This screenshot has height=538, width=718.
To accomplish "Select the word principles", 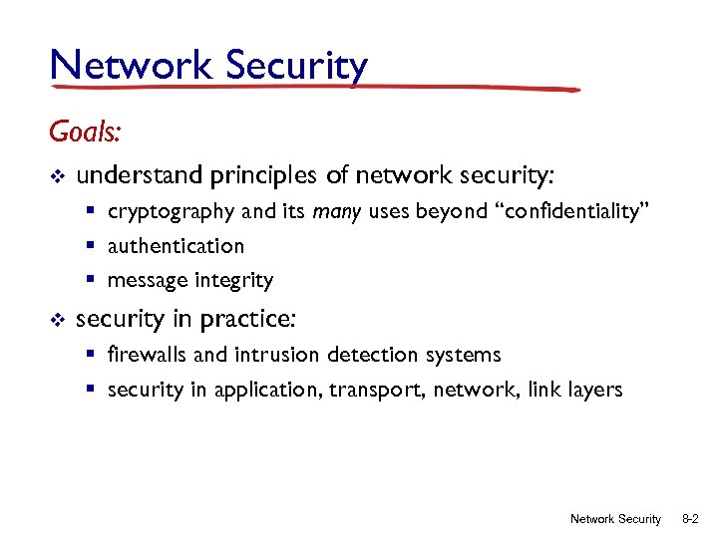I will click(x=263, y=177).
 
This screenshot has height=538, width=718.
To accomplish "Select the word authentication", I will click(x=176, y=246).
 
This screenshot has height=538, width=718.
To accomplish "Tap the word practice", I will click(x=256, y=320).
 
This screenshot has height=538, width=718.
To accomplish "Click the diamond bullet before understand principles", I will click(x=57, y=177).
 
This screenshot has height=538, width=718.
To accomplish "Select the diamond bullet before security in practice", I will click(x=57, y=320).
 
